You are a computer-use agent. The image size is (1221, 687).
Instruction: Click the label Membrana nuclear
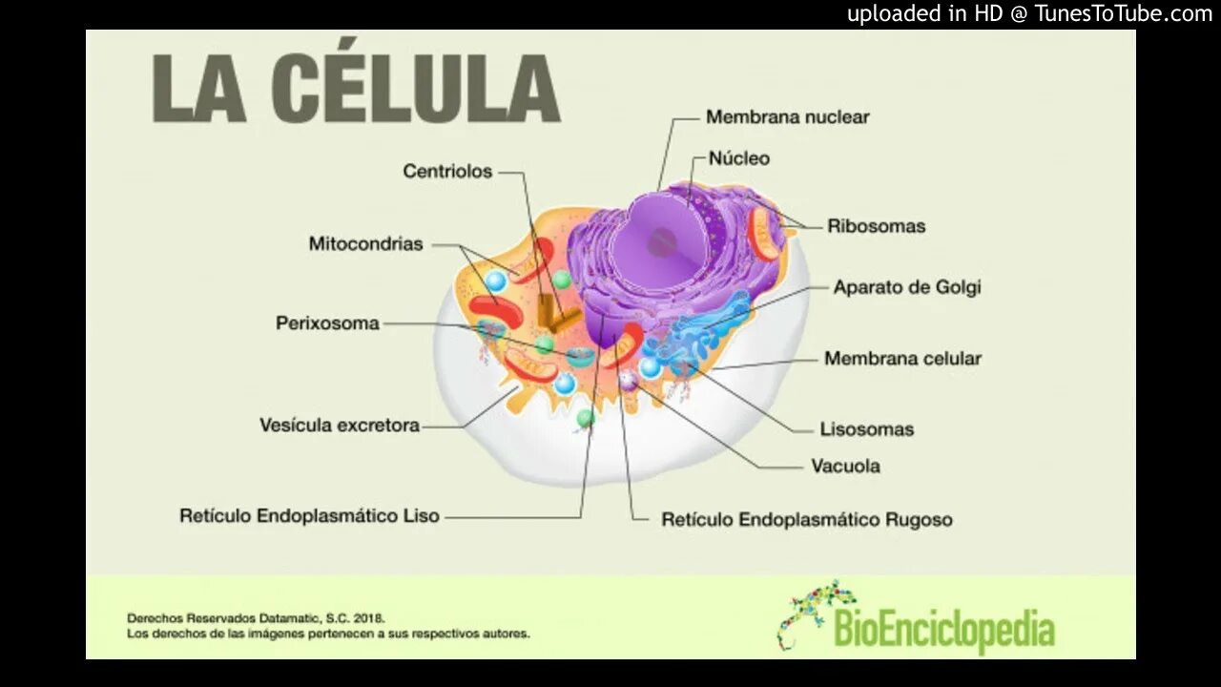tap(787, 117)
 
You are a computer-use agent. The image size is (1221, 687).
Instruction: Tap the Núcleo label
tap(738, 158)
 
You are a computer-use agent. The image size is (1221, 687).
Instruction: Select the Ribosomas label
tap(876, 226)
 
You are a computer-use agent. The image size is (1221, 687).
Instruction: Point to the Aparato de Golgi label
tap(906, 287)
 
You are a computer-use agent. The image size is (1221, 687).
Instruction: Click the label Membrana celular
tap(902, 359)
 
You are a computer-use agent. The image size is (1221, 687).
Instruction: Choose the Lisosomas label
tap(866, 429)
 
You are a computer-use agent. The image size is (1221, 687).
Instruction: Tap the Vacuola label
tap(845, 467)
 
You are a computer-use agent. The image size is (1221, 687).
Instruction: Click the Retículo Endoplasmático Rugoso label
tap(806, 520)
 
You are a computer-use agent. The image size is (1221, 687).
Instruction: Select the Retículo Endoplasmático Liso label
tap(309, 516)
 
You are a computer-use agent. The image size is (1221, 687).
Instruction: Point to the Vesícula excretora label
tap(340, 426)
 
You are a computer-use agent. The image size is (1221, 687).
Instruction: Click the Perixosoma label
tap(327, 323)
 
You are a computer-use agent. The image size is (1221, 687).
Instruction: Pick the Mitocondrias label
tap(365, 244)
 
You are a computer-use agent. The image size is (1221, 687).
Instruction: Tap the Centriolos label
tap(447, 172)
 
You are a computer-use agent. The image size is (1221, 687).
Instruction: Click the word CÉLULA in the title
tap(415, 88)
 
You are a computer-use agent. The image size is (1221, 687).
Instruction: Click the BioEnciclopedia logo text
tap(943, 630)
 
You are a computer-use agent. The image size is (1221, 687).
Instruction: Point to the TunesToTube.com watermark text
tap(1123, 13)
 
